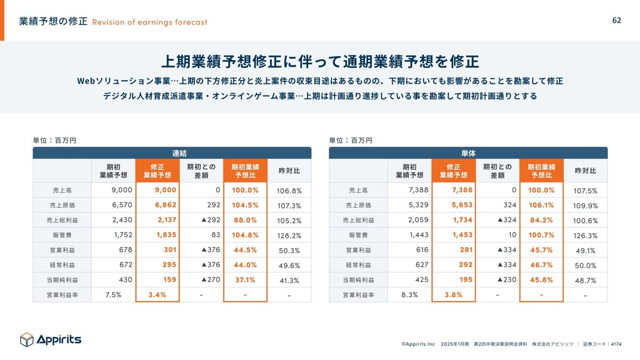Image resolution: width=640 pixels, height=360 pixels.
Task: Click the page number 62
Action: tap(617, 20)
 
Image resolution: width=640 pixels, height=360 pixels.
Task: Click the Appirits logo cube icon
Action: tap(27, 339)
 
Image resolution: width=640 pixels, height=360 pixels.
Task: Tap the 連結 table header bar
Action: tap(172, 153)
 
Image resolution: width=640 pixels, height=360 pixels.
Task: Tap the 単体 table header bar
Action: tap(468, 153)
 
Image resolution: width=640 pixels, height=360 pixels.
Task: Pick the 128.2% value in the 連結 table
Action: tap(289, 235)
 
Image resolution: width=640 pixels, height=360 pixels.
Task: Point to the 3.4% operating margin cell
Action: tap(157, 294)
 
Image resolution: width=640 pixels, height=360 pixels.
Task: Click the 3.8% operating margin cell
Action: tap(453, 294)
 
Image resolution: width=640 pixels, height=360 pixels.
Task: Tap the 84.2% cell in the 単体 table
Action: tap(541, 220)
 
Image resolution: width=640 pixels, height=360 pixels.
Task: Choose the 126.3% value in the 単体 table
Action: tap(585, 235)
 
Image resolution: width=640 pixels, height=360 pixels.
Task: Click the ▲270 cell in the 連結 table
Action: tap(210, 279)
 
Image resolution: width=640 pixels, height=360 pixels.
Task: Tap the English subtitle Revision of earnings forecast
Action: tap(150, 22)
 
